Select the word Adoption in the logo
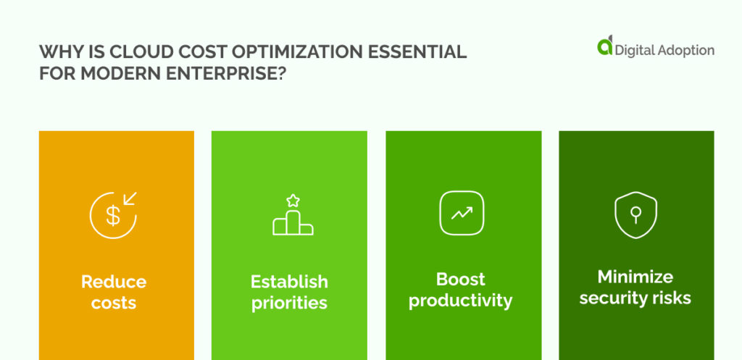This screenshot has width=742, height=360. tap(685, 50)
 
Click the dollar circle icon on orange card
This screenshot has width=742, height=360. tap(113, 214)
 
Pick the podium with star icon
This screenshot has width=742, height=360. tap(293, 215)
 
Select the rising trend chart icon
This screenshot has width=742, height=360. tap(462, 213)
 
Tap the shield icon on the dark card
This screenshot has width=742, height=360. tap(635, 214)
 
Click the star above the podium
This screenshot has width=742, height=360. tap(293, 200)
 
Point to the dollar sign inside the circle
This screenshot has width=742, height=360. tap(112, 216)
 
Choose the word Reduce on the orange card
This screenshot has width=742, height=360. tap(113, 282)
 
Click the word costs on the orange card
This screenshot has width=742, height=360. tap(113, 303)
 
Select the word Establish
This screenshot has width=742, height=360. tap(289, 282)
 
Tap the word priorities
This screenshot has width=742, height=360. tap(289, 303)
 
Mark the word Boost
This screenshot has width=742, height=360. tap(461, 279)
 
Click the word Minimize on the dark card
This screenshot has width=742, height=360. tap(635, 277)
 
